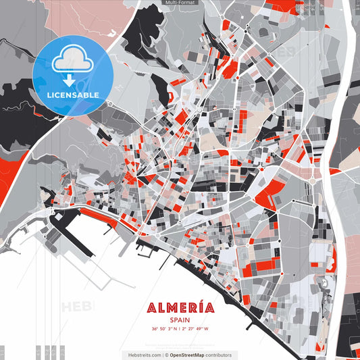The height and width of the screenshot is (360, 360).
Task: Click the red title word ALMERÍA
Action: click(180, 308)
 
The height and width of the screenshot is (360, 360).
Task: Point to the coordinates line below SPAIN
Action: click(180, 330)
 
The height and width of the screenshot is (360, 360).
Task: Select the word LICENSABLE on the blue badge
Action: click(73, 95)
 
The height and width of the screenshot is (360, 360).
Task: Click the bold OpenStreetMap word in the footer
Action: click(192, 355)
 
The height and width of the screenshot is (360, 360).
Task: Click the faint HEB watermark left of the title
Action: click(78, 307)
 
